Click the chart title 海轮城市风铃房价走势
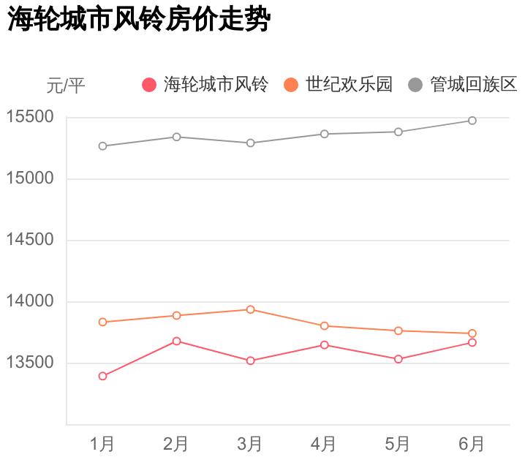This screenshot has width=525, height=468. [140, 20]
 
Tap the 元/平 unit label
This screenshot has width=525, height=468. [66, 86]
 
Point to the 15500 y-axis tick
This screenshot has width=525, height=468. [30, 117]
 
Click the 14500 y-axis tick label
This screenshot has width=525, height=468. [30, 241]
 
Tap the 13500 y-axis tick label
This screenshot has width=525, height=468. [30, 363]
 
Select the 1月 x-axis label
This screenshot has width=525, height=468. [102, 444]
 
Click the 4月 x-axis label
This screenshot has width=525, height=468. [324, 444]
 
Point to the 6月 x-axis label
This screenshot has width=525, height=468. [472, 444]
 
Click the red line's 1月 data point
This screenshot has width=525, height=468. [103, 377]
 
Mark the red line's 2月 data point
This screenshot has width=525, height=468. [176, 341]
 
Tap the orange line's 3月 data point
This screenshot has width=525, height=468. [250, 310]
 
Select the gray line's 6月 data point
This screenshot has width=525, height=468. [472, 121]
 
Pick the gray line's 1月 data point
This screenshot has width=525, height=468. [103, 146]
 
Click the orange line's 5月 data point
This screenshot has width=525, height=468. [399, 331]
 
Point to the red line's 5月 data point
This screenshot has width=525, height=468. [399, 359]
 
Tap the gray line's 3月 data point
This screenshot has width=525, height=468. [250, 143]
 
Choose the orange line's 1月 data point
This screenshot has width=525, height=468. [103, 322]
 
